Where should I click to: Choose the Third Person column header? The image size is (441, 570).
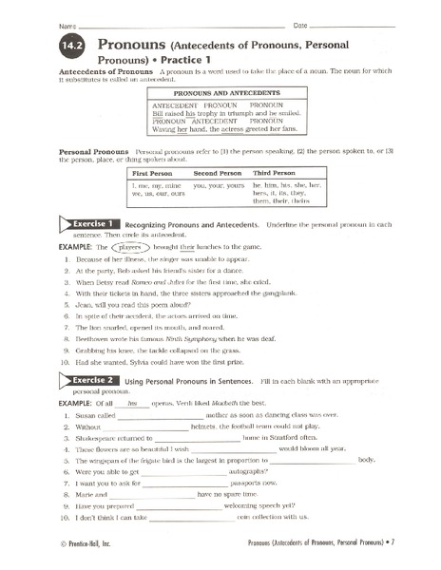(276, 174)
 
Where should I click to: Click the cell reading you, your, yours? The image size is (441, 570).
(220, 186)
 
